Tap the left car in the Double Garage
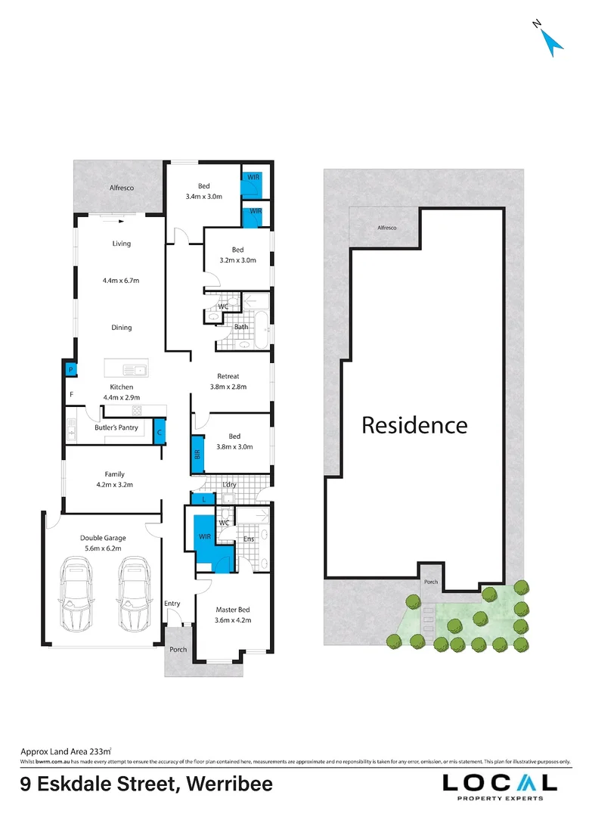77,595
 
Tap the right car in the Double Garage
134,595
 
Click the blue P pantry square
70,369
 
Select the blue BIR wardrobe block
197,455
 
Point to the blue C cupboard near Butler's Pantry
159,432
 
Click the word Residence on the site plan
414,425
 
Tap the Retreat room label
228,376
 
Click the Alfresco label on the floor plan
122,188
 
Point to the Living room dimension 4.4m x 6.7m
121,281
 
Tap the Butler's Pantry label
116,427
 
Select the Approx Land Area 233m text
66,751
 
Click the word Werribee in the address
224,784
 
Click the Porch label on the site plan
431,582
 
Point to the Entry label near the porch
172,603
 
